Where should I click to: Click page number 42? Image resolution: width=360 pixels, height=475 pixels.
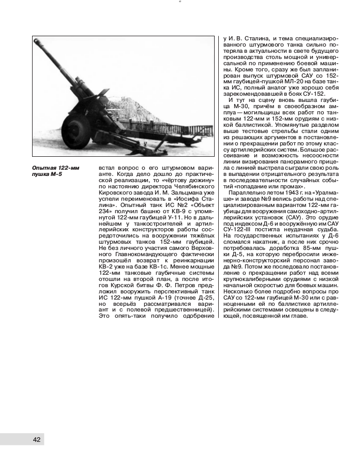coord(36,439)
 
